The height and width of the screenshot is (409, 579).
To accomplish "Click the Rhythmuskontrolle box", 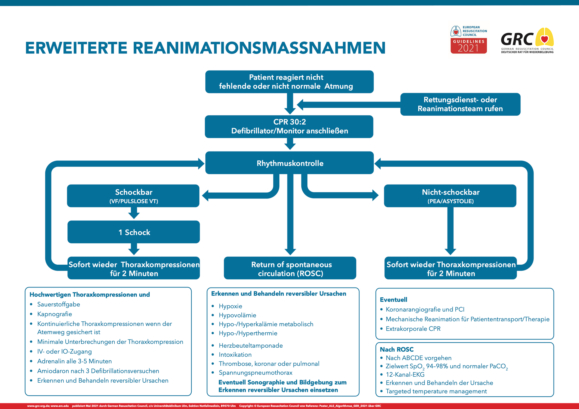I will point(289,163).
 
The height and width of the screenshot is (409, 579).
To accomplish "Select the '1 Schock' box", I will point(134,232).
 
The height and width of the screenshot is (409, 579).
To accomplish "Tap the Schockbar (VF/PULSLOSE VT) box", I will point(133,196).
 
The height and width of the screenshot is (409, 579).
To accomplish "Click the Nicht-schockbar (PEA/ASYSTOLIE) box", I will point(450,196).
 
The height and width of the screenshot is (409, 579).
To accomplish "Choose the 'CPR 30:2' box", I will point(289,127).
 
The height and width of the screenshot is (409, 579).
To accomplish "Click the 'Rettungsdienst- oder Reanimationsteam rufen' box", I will point(460,104).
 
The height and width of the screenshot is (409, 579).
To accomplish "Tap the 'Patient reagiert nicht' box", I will point(289,82).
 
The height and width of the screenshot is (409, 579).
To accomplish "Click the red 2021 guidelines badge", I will point(469,46).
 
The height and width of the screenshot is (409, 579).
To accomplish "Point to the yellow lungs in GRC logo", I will point(545,37).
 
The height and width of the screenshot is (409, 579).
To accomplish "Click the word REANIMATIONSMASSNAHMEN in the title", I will point(259,48).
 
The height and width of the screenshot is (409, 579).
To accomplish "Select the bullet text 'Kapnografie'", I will point(55,314).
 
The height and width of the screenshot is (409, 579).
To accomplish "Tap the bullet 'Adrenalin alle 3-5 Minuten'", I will point(74,361).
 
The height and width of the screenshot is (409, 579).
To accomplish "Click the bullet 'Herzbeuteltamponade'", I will point(251,346).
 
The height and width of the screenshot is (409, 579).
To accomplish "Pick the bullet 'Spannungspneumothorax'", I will point(256,373).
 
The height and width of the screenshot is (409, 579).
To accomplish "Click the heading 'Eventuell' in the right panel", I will point(393,300).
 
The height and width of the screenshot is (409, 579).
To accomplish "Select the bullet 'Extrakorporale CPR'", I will point(413,329).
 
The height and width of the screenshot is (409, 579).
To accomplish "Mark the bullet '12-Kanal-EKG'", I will point(405,375).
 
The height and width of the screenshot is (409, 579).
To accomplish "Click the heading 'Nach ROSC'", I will point(397,349).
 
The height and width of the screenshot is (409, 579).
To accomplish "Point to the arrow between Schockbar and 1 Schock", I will point(134,214).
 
